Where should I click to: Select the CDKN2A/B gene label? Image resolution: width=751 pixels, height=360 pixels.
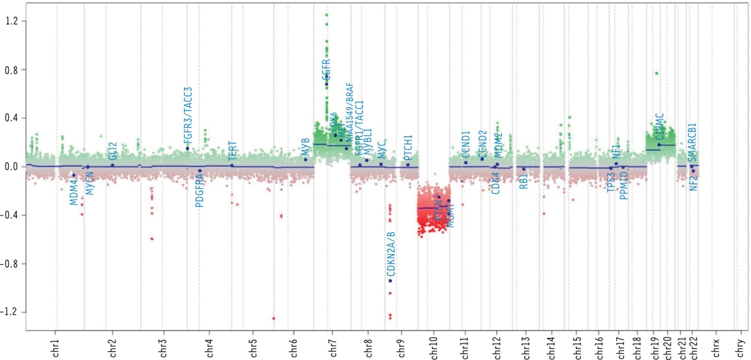(391, 254)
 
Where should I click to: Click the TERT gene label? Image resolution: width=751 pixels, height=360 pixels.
(232, 151)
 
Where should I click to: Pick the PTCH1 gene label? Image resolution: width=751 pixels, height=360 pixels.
(408, 148)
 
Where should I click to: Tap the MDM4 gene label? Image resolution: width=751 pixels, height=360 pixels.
(74, 192)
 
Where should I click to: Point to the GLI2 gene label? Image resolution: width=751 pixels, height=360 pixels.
(113, 152)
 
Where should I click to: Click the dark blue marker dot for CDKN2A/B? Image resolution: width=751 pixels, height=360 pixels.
(390, 280)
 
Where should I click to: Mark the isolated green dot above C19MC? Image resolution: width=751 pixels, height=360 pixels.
(656, 73)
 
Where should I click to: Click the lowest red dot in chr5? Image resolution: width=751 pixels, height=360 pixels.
(273, 318)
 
